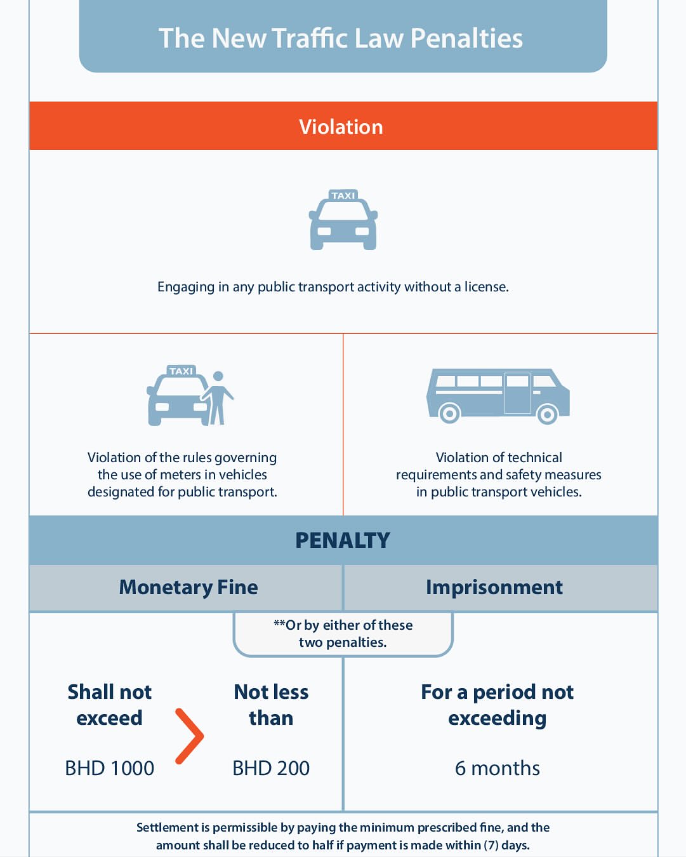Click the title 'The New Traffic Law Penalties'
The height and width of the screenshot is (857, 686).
click(x=340, y=38)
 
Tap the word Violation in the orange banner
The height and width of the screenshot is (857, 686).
click(x=341, y=127)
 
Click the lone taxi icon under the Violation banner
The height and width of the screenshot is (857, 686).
click(x=343, y=220)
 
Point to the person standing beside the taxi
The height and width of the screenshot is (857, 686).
click(x=217, y=398)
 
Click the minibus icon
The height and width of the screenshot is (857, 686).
click(x=498, y=396)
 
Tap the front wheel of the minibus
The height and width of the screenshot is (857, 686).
click(x=547, y=415)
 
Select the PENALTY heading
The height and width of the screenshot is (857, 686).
click(x=343, y=540)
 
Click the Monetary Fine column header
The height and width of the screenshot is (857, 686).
click(x=188, y=587)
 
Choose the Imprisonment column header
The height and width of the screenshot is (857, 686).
click(x=494, y=588)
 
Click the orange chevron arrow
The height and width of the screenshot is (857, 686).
click(x=190, y=736)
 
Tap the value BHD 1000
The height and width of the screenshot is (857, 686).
click(x=110, y=768)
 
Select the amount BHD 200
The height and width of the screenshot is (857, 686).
click(x=271, y=768)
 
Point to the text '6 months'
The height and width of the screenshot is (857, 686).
click(x=497, y=768)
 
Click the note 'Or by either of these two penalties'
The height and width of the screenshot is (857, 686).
click(x=343, y=634)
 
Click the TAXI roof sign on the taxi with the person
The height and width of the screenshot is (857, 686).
click(x=181, y=371)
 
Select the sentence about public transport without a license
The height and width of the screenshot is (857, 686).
click(x=333, y=287)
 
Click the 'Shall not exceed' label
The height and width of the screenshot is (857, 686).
click(x=110, y=705)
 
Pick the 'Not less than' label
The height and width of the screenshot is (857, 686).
click(x=271, y=705)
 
